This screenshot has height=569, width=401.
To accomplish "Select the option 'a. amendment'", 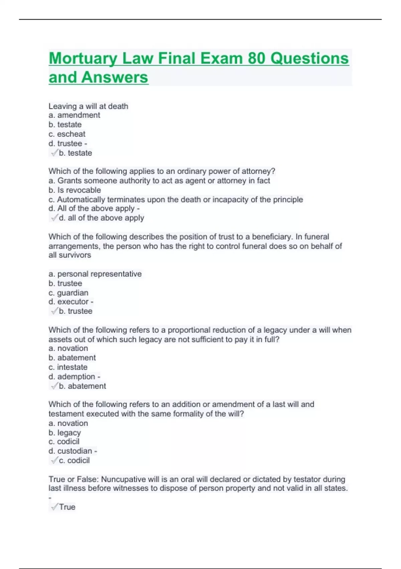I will click(x=74, y=115).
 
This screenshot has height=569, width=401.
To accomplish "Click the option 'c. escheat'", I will click(x=67, y=134).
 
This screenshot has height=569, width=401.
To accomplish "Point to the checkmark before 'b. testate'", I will click(x=54, y=153).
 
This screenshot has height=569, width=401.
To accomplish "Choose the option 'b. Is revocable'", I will click(x=75, y=190).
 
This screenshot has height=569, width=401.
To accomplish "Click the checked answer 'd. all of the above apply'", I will click(x=101, y=218).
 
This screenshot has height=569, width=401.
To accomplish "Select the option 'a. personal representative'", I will click(x=95, y=274).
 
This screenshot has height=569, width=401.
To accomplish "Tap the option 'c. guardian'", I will click(x=69, y=293).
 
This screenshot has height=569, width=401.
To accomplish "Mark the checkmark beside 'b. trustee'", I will click(x=54, y=311).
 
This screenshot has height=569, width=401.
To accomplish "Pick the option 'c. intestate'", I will click(x=68, y=367).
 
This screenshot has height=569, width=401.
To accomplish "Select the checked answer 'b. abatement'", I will click(x=82, y=386).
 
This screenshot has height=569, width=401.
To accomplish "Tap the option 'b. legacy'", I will click(x=64, y=433).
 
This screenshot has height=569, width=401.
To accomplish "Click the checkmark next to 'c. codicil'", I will click(x=54, y=461).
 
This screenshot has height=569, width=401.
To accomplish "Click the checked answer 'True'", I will click(x=67, y=507).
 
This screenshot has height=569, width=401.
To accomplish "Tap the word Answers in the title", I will click(x=115, y=77).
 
